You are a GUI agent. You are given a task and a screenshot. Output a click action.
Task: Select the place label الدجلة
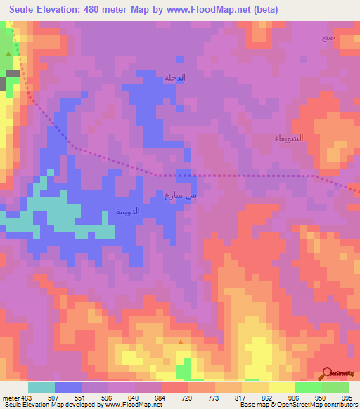click(x=174, y=77)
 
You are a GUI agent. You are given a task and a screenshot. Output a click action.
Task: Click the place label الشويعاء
click(x=288, y=138)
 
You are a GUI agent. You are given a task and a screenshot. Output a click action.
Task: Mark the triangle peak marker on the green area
click(x=8, y=53)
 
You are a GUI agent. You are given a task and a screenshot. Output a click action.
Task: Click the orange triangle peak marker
click(x=181, y=342)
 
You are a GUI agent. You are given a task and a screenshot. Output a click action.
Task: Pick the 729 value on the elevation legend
click(x=188, y=397)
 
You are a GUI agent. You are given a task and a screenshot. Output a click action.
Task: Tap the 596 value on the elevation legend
click(x=107, y=397)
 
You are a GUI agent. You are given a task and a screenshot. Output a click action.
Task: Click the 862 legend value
click(x=268, y=397)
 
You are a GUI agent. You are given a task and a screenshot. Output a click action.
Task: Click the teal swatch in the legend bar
click(x=41, y=387)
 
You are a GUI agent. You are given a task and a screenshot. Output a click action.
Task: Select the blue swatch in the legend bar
click(x=68, y=387)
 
